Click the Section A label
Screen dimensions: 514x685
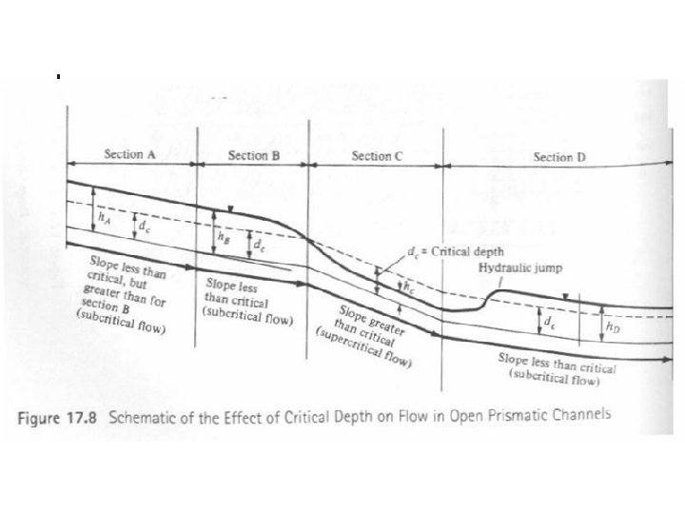(x=131, y=154)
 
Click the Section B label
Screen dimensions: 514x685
(x=254, y=154)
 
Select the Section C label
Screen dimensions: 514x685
(x=377, y=155)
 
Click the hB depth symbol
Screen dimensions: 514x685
(x=224, y=236)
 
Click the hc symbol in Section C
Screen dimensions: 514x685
(x=408, y=286)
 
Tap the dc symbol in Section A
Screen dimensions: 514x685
(x=143, y=228)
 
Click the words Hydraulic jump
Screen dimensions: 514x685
(x=519, y=268)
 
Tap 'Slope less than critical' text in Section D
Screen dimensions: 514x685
(x=558, y=366)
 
